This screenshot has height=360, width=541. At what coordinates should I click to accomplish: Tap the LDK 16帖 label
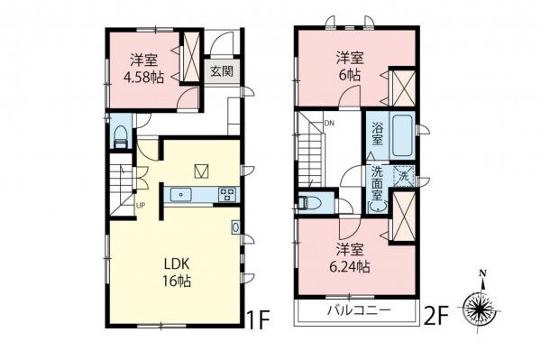176,272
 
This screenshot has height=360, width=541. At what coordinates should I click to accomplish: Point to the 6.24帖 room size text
351,267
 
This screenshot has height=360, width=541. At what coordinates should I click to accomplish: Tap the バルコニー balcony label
358,311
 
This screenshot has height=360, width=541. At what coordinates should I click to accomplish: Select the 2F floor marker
437,317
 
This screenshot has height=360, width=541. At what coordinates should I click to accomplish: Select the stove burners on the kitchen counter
226,193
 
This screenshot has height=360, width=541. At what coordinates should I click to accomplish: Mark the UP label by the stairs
140,205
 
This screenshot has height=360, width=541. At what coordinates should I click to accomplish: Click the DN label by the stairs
330,125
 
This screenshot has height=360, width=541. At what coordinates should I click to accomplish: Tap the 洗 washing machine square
402,176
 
